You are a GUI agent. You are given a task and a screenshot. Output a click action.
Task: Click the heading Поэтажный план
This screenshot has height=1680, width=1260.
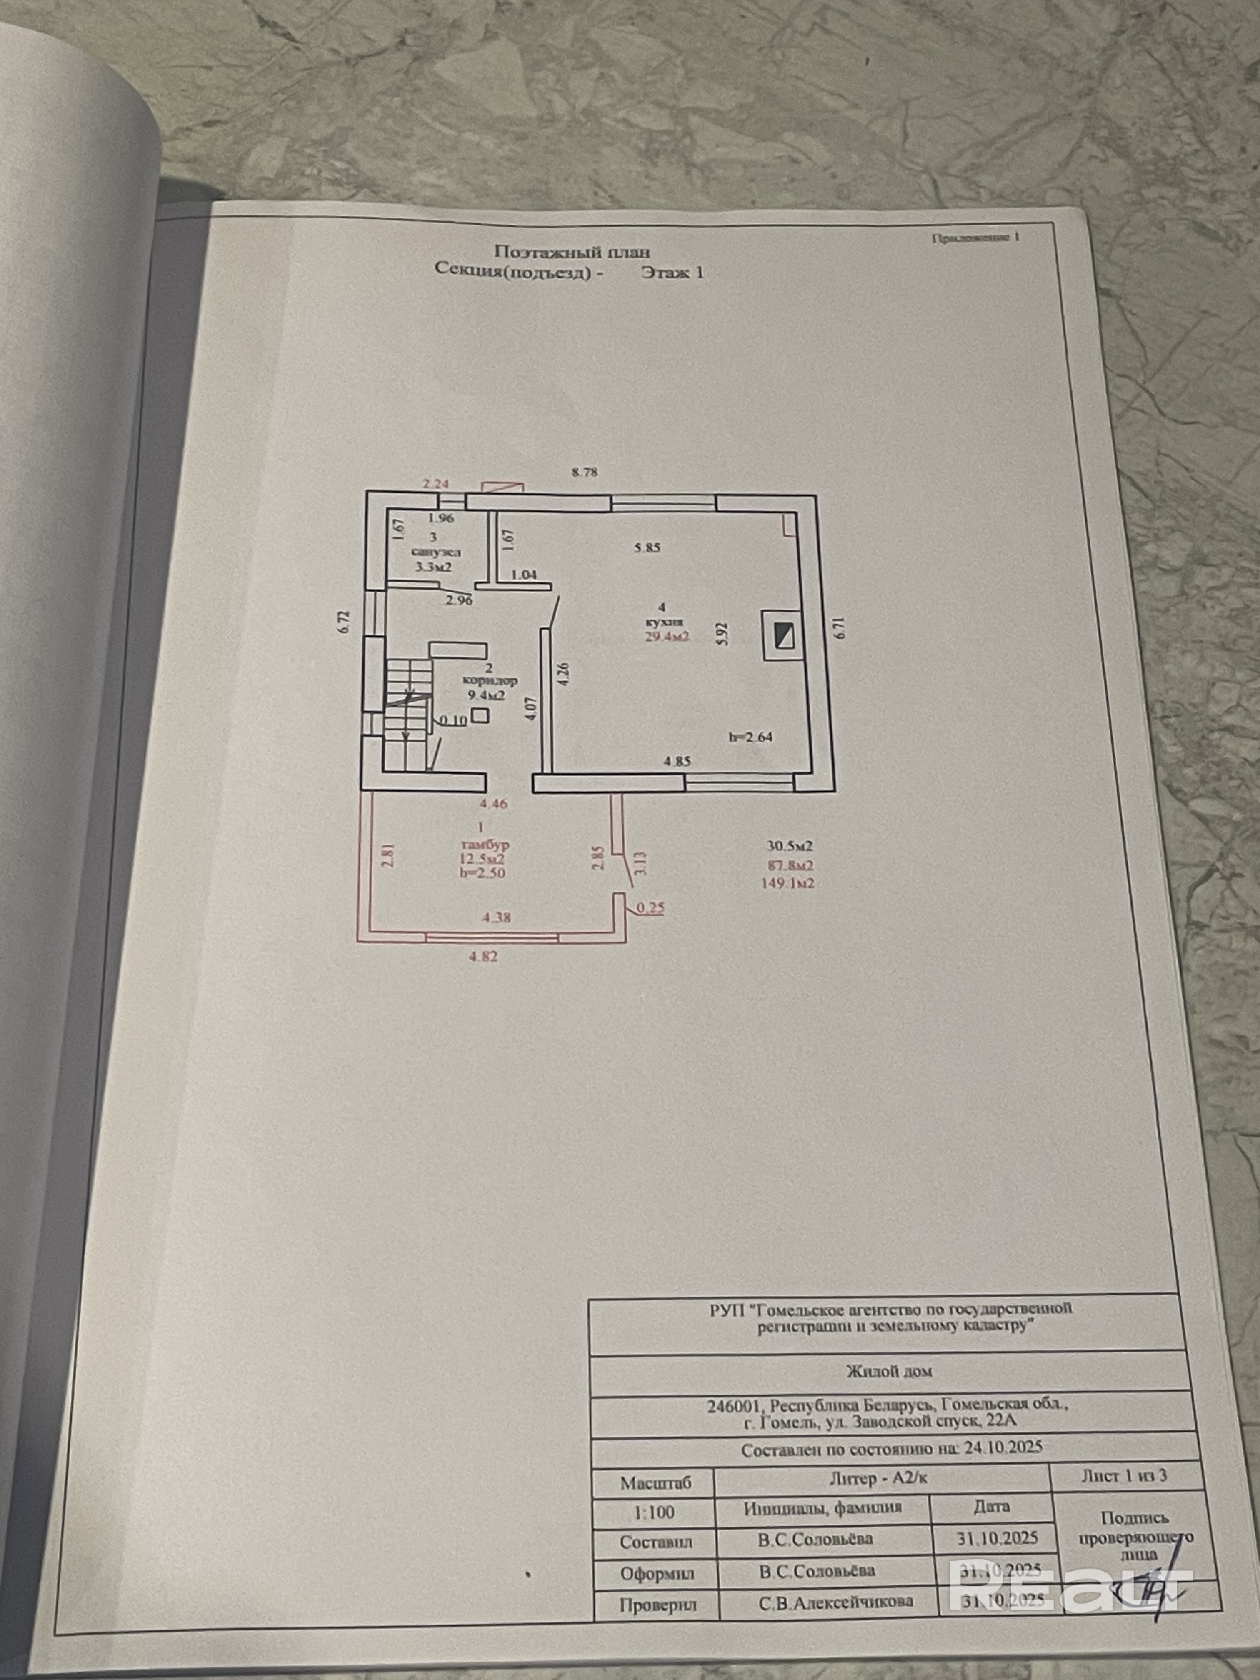click(x=572, y=251)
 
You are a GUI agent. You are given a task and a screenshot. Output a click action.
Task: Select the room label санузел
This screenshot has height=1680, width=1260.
click(x=435, y=552)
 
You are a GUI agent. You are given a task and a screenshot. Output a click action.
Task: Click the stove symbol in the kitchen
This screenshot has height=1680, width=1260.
click(x=782, y=634)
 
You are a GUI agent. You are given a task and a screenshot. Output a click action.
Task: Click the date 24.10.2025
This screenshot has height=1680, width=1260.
click(x=1003, y=1447)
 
